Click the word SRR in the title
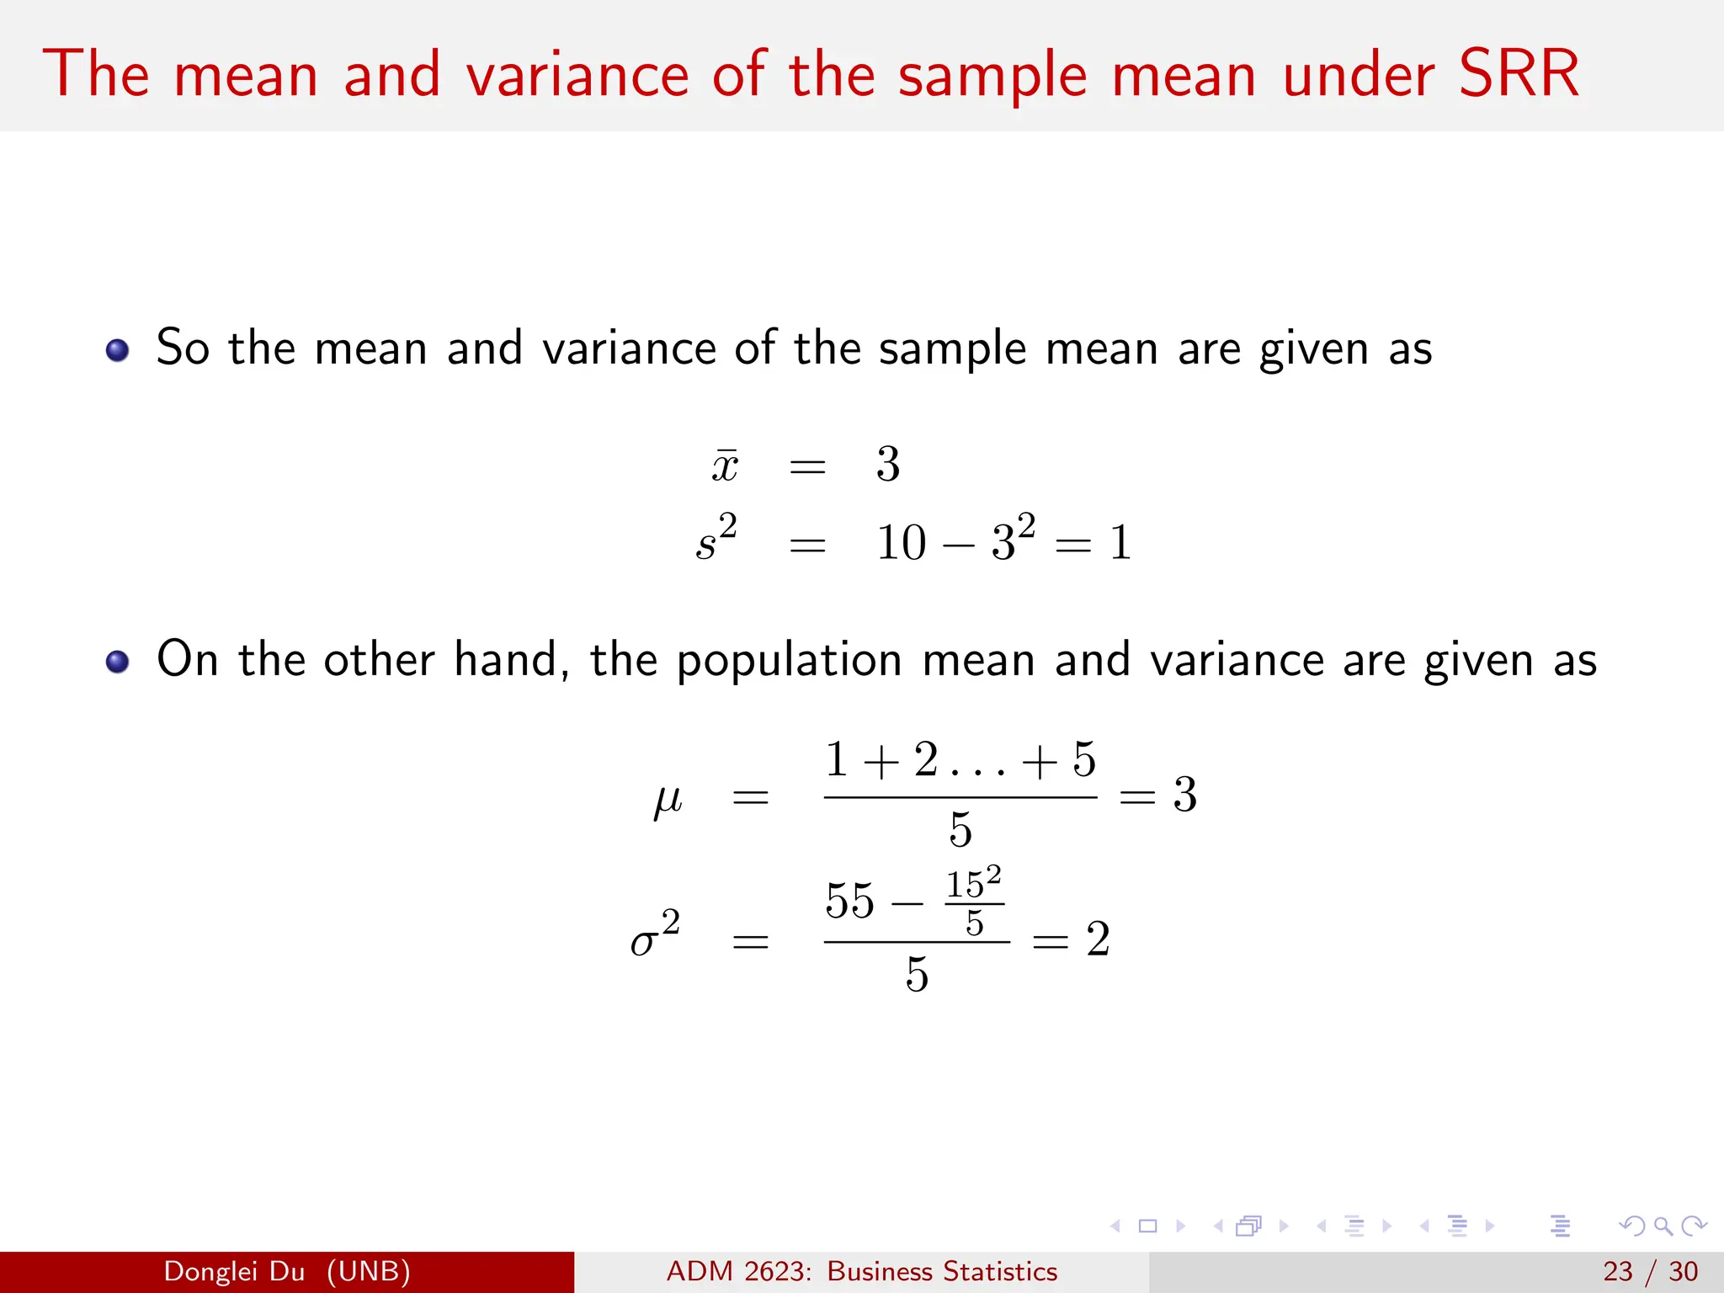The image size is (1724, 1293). (1518, 74)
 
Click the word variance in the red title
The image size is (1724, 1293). (577, 76)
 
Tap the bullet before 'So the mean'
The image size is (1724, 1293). (117, 350)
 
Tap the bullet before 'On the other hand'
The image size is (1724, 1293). (117, 662)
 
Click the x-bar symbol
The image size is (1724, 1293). (724, 466)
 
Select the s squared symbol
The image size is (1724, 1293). (716, 539)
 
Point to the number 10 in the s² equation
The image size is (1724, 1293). (901, 542)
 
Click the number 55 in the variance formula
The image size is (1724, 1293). (850, 901)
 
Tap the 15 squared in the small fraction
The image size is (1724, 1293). (973, 883)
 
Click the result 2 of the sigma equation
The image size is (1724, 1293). (1098, 939)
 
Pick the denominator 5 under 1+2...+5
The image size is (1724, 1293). (960, 830)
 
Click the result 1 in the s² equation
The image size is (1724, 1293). (1120, 542)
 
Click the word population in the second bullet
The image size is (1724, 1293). (790, 661)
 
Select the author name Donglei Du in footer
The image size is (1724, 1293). (234, 1271)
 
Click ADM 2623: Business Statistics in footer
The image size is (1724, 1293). (861, 1271)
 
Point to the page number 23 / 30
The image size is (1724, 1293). (1650, 1271)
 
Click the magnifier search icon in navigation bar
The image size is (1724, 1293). (1663, 1226)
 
